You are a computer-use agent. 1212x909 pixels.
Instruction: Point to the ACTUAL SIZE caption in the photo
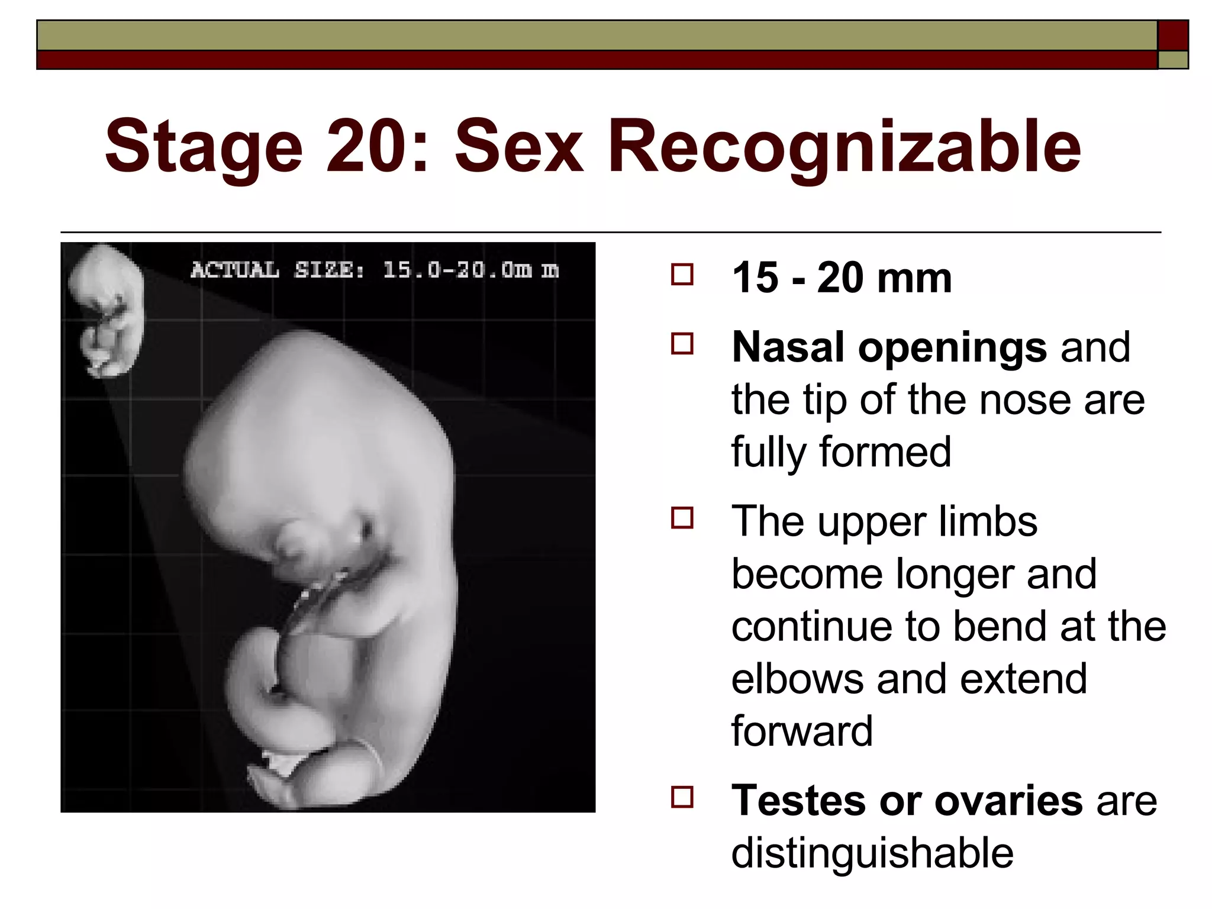[374, 270]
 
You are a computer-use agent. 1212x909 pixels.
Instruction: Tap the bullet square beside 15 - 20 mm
[682, 275]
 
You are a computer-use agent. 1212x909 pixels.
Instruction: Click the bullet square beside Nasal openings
[682, 344]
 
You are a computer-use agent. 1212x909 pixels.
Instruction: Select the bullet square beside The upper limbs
[682, 518]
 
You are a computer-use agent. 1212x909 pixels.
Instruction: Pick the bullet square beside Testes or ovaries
[682, 797]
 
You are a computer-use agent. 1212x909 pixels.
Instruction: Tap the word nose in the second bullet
[1024, 400]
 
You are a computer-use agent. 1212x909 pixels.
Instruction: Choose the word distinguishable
[872, 853]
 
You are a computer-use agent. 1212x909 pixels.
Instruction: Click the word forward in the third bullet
[802, 731]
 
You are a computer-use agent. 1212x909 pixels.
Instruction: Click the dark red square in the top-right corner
[1173, 36]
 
